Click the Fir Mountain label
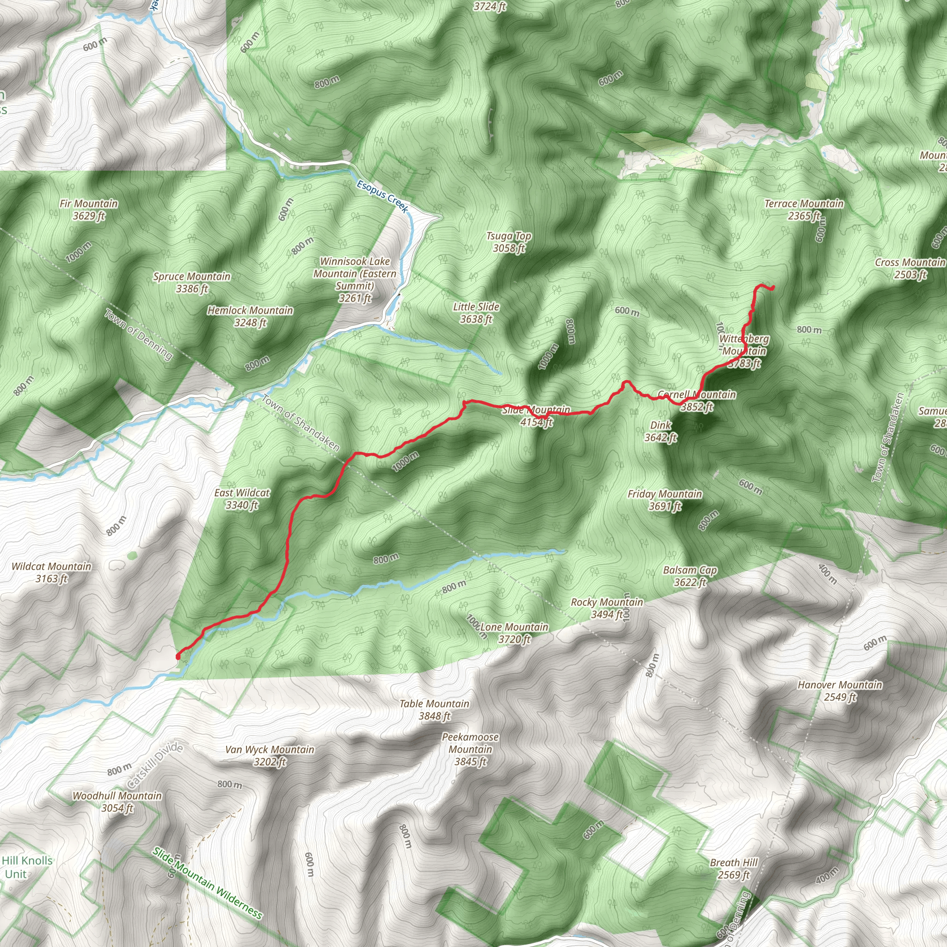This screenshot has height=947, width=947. pos(89,210)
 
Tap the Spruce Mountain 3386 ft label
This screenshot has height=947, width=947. pos(191,283)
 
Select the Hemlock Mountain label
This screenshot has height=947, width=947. pos(250,316)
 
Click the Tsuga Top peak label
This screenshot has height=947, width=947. pos(509,242)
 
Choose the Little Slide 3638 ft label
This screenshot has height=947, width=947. pos(476,313)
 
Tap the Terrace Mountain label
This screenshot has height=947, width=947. pos(804,209)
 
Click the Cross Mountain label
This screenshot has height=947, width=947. pos(910,268)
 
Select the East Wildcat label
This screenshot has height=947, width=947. pos(242,499)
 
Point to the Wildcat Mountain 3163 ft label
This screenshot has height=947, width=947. pos(51,572)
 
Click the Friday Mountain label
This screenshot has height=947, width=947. pos(664,500)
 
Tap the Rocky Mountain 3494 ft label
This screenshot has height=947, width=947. pos(607,608)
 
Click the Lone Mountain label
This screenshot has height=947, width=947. pos(514,633)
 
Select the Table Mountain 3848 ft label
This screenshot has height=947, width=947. pos(434,710)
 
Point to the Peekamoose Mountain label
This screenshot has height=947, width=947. pos(470,749)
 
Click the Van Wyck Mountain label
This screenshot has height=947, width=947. pos(270,756)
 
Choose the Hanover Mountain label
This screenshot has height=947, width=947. pos(840,691)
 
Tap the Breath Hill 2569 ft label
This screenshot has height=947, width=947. pos(734,868)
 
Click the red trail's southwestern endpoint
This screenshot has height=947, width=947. pos(178,656)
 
